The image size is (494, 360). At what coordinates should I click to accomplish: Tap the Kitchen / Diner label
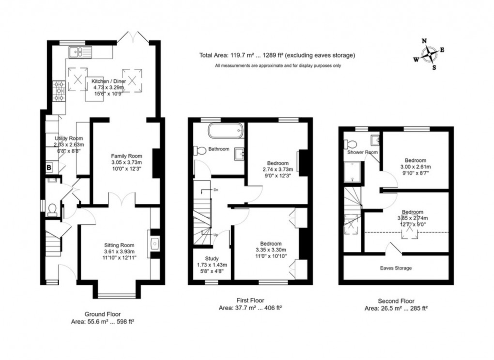click(109, 81)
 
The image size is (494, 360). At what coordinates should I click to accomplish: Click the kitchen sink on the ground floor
click(77, 50)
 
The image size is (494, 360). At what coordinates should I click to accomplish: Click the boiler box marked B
click(49, 168)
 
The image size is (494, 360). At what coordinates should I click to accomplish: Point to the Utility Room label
click(69, 139)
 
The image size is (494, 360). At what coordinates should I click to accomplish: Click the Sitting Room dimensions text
click(120, 255)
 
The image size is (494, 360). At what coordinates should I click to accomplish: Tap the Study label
click(212, 258)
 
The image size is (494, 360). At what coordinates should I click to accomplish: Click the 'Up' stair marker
click(215, 235)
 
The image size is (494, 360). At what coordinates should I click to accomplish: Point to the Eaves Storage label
click(396, 267)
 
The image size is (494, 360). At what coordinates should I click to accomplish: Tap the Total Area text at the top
click(277, 55)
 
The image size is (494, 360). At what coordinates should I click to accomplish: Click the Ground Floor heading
click(102, 314)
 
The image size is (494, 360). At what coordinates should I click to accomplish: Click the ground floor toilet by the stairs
click(53, 209)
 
